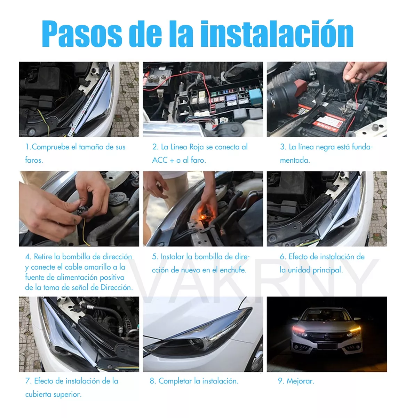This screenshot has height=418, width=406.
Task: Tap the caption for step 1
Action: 75,153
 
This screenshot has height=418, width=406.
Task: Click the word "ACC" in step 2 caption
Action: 160,160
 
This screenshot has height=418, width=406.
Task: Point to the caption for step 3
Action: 326,153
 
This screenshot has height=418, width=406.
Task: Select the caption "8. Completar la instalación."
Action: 194,381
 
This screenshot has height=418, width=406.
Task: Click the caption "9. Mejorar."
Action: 296,381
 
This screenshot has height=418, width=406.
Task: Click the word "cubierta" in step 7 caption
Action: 39,394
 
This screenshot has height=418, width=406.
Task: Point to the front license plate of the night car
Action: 327,346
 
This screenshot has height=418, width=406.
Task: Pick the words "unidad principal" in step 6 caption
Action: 315,270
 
